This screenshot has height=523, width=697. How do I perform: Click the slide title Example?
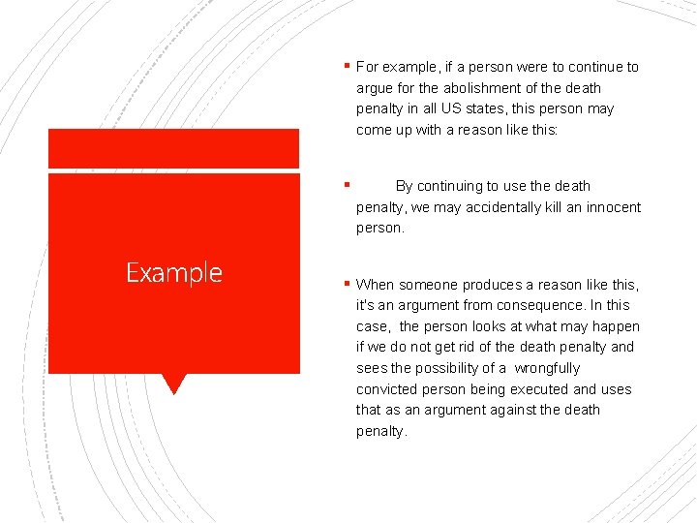[x=174, y=273]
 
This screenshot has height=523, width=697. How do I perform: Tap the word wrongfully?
[x=547, y=368]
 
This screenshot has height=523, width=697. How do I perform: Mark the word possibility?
[x=453, y=368]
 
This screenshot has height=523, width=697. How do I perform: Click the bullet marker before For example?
[x=347, y=67]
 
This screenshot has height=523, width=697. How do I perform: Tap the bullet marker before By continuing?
[x=347, y=185]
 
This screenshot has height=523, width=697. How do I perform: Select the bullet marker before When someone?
[x=347, y=284]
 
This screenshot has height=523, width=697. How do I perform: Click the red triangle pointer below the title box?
[x=174, y=384]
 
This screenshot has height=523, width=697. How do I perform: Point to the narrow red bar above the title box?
[x=174, y=148]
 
